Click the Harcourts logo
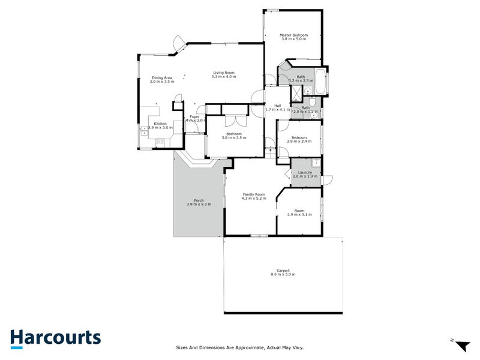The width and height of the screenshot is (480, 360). click(x=55, y=338)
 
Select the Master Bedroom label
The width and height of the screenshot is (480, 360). click(x=294, y=35)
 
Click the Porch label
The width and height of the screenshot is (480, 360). click(x=199, y=200)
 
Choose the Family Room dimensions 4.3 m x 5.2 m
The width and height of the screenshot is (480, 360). click(x=253, y=199)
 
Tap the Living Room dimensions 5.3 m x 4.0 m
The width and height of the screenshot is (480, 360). click(x=224, y=77)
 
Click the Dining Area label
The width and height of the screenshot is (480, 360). click(x=162, y=77)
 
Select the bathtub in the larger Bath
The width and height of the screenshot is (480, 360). click(x=320, y=82)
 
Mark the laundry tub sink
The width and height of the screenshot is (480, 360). click(x=316, y=162)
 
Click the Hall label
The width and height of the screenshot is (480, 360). click(x=278, y=106)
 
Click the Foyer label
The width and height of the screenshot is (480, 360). click(x=194, y=116)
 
